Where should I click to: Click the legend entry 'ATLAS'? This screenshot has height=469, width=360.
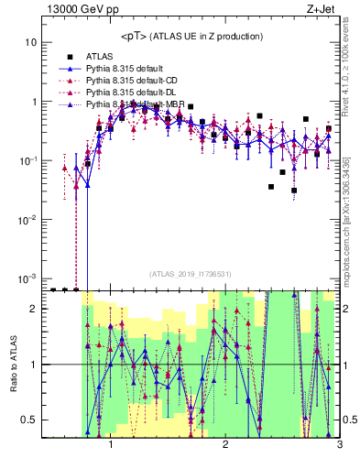click(x=102, y=56)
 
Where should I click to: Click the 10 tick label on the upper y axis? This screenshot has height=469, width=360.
click(x=31, y=43)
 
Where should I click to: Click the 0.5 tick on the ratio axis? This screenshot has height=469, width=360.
click(x=29, y=420)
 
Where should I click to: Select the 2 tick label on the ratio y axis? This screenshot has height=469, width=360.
click(x=34, y=310)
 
